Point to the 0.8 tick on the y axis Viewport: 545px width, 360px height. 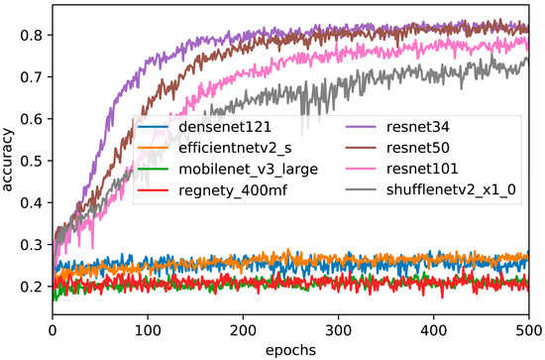(33, 35)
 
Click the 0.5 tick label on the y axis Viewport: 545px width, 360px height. (33, 161)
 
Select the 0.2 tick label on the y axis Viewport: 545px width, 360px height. (33, 287)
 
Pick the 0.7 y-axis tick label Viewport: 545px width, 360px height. (33, 76)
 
